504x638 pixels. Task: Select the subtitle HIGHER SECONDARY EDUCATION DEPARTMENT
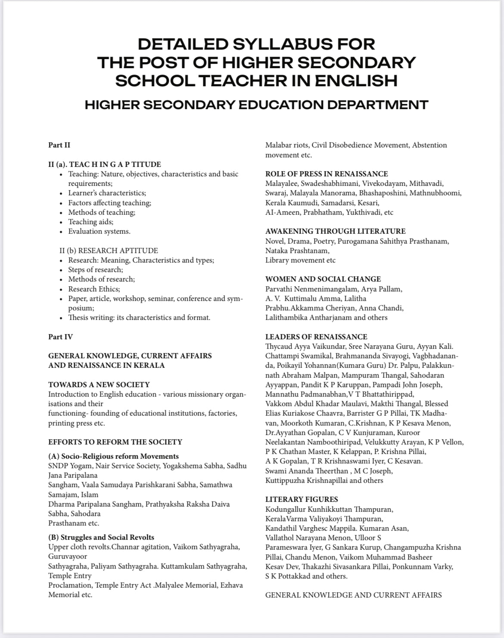pyautogui.click(x=256, y=105)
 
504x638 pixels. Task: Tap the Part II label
pyautogui.click(x=59, y=145)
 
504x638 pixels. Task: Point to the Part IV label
pyautogui.click(x=60, y=337)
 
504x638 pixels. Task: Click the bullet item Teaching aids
pyautogui.click(x=90, y=222)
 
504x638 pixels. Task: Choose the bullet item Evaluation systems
pyautogui.click(x=99, y=231)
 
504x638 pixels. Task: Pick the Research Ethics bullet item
pyautogui.click(x=94, y=289)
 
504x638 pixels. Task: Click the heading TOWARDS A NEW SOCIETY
pyautogui.click(x=99, y=385)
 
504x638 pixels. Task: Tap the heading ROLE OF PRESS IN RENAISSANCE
pyautogui.click(x=327, y=174)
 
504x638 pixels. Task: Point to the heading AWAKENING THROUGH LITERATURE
pyautogui.click(x=336, y=231)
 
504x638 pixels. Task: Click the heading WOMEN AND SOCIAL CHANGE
pyautogui.click(x=323, y=279)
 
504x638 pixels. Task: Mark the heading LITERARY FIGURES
pyautogui.click(x=302, y=499)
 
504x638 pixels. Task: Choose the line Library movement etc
pyautogui.click(x=300, y=260)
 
